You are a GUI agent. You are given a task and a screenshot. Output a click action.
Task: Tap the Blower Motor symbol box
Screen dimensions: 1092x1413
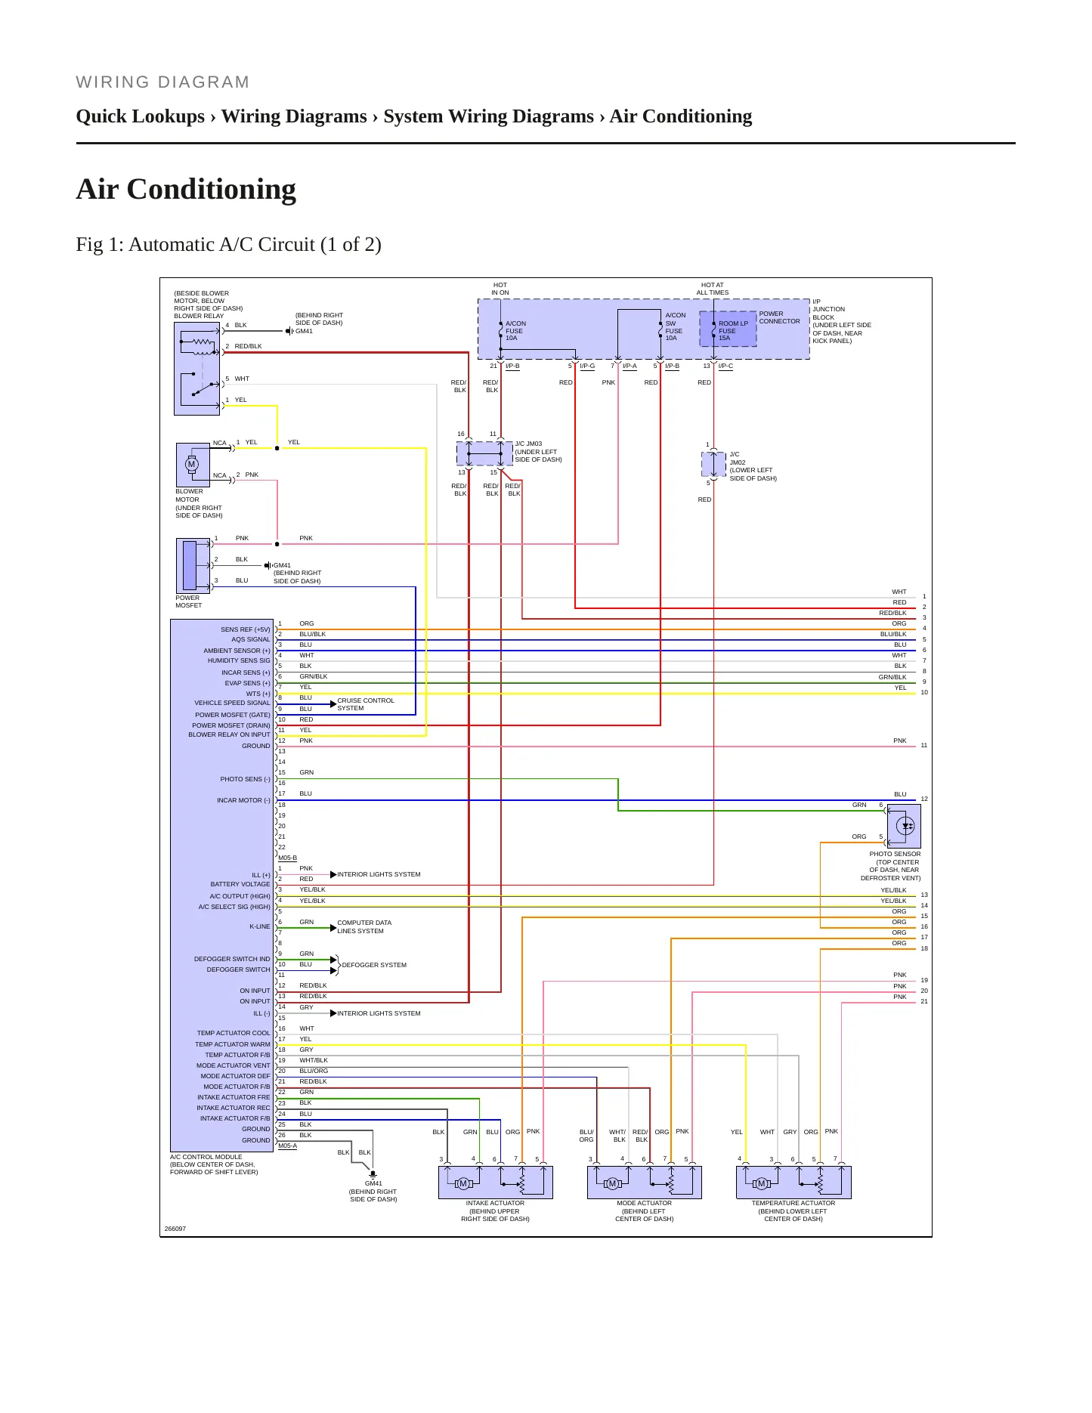(193, 465)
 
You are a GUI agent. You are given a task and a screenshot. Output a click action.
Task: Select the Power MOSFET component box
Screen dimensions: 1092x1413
(193, 565)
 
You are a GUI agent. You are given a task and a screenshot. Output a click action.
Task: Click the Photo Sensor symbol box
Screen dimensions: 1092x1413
(904, 826)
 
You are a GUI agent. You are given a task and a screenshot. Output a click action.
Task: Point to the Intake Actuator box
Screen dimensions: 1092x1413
(496, 1183)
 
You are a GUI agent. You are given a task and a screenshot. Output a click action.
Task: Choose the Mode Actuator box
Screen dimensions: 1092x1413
(645, 1183)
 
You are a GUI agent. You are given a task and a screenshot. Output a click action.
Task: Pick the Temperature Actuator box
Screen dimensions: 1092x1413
(793, 1183)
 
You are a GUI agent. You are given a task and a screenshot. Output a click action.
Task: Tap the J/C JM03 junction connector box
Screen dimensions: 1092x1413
(484, 453)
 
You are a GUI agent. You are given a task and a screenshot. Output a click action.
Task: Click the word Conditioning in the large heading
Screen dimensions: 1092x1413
(212, 190)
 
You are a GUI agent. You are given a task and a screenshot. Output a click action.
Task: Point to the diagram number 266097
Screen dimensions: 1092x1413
(175, 1229)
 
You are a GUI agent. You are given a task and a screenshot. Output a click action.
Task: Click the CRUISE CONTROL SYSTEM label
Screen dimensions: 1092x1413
(366, 704)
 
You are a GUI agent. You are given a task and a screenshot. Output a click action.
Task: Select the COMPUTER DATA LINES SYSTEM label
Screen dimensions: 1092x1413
(364, 927)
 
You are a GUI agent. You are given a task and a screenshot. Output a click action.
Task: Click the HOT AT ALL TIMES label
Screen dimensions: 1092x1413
(713, 289)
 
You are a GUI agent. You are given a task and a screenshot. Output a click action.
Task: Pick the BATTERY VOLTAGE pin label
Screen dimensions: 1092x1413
(240, 884)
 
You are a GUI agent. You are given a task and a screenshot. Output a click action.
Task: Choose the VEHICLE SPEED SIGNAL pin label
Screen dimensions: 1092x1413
(232, 703)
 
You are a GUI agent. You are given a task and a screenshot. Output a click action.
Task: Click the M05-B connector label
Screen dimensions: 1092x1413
(288, 858)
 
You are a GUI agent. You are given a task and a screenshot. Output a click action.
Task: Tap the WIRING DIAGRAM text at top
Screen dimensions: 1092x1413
(162, 82)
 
